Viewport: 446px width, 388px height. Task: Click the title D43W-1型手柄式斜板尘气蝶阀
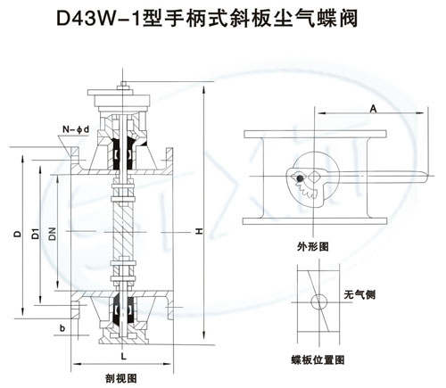(x=207, y=19)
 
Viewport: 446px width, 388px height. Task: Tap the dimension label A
(x=373, y=109)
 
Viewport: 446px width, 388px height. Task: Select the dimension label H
(x=199, y=231)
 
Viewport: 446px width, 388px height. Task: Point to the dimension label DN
(x=53, y=234)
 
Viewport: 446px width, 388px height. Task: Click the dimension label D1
(x=36, y=234)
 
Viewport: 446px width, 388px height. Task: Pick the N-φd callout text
(x=76, y=129)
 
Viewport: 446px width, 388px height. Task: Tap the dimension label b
(x=62, y=328)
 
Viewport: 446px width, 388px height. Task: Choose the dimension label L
(x=123, y=356)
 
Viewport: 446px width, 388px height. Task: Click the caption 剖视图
(x=121, y=378)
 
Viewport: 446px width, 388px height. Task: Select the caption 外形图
(x=313, y=246)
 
